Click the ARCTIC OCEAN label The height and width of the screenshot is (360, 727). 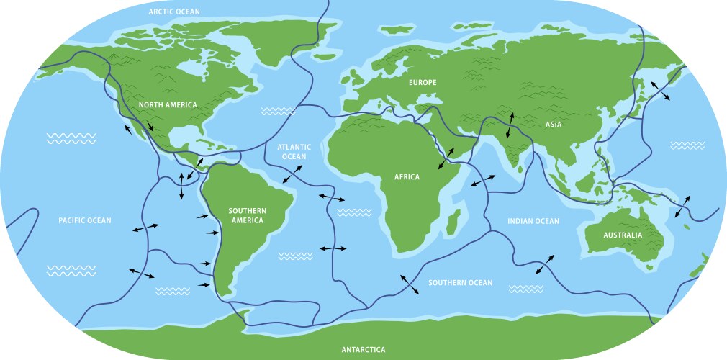pyautogui.click(x=174, y=12)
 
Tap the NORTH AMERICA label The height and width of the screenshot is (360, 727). pyautogui.click(x=167, y=105)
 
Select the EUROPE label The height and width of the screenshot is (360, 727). pyautogui.click(x=423, y=83)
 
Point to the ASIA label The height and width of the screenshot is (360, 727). pyautogui.click(x=553, y=125)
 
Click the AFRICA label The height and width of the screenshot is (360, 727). pyautogui.click(x=407, y=176)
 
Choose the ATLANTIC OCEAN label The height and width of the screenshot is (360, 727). pyautogui.click(x=294, y=151)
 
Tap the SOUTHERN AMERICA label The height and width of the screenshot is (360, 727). pyautogui.click(x=247, y=215)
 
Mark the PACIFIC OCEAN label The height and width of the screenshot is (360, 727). pyautogui.click(x=85, y=220)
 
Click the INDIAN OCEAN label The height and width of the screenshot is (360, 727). pyautogui.click(x=533, y=221)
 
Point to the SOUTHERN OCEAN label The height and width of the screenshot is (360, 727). pyautogui.click(x=461, y=283)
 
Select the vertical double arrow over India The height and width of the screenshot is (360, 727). pyautogui.click(x=510, y=125)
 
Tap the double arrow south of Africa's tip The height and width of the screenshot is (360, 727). pyautogui.click(x=407, y=284)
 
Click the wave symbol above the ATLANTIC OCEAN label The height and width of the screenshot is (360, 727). pyautogui.click(x=278, y=112)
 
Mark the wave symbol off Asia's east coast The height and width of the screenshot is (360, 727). pyautogui.click(x=687, y=145)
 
